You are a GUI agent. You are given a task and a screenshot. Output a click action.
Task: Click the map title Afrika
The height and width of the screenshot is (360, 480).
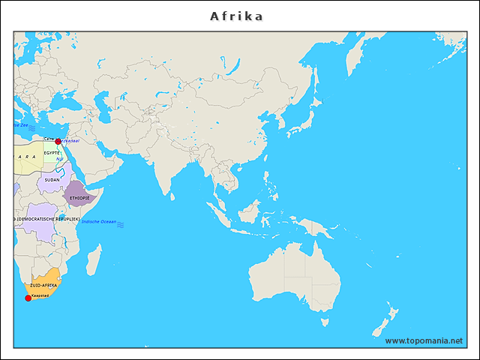pyautogui.click(x=236, y=16)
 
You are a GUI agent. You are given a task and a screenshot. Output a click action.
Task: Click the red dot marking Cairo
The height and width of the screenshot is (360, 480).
pyautogui.click(x=58, y=141)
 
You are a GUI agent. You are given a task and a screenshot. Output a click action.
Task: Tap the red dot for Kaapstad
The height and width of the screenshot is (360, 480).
pyautogui.click(x=28, y=298)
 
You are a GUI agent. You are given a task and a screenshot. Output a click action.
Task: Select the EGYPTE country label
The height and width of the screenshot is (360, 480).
pyautogui.click(x=52, y=152)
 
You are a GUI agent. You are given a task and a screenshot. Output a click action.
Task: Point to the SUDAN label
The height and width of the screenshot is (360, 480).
pyautogui.click(x=52, y=180)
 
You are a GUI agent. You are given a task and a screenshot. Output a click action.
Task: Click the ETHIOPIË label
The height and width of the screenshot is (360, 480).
pyautogui.click(x=79, y=198)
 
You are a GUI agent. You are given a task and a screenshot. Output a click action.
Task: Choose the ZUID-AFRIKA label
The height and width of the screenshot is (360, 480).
pyautogui.click(x=43, y=286)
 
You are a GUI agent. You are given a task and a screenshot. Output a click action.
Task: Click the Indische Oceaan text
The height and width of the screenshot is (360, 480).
pyautogui.click(x=99, y=222)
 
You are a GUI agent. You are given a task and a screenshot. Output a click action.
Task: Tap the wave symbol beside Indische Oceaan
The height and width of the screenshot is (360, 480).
pyautogui.click(x=121, y=224)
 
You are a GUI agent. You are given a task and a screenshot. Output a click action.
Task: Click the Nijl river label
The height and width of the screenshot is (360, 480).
pyautogui.click(x=58, y=159)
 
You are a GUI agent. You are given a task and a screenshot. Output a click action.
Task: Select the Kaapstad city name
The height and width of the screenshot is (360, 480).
pyautogui.click(x=40, y=295)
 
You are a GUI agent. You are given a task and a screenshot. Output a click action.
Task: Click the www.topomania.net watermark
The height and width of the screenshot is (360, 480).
pyautogui.click(x=424, y=340)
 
